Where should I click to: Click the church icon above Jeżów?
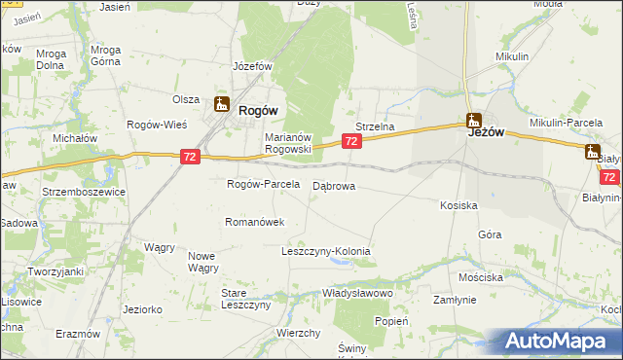point(474,122)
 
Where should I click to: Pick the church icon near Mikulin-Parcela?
point(593,151)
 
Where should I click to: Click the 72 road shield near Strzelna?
point(352,142)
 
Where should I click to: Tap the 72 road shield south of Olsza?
point(191,156)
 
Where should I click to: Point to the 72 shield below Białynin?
point(609,177)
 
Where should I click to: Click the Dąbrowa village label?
point(334,185)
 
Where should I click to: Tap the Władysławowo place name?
point(357,293)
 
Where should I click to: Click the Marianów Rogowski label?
point(287,143)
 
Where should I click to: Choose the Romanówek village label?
point(254,222)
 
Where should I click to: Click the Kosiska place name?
point(458,206)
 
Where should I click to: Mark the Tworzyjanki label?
point(55,271)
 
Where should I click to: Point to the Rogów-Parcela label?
point(261,184)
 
